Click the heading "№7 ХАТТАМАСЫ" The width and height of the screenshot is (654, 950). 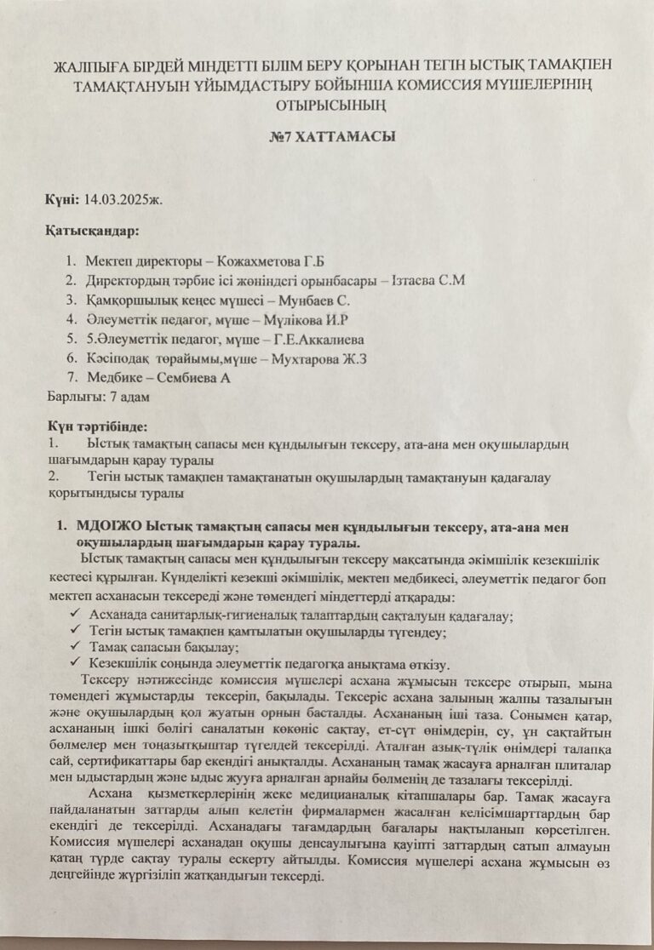[326, 137]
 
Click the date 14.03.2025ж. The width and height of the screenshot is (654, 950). [124, 199]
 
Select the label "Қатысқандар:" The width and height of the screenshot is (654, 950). [92, 230]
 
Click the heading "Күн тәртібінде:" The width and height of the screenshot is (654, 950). [98, 425]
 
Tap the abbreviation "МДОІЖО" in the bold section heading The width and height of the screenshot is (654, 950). [110, 526]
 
